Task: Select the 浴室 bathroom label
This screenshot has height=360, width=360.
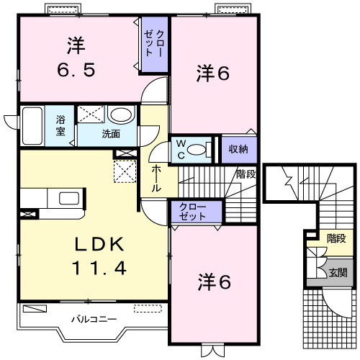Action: [x=60, y=126]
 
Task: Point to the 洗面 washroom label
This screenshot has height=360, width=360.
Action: [x=110, y=133]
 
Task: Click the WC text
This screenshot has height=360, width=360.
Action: [x=182, y=148]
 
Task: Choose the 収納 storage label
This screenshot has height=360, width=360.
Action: [x=239, y=148]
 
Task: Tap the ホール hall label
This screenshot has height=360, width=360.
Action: [x=156, y=178]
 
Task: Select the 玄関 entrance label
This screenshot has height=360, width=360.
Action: [x=338, y=273]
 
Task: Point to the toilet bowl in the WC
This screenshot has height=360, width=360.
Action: [x=202, y=149]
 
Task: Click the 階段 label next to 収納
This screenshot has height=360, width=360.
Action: [x=246, y=174]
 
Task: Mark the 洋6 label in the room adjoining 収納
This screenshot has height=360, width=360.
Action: [x=214, y=73]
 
